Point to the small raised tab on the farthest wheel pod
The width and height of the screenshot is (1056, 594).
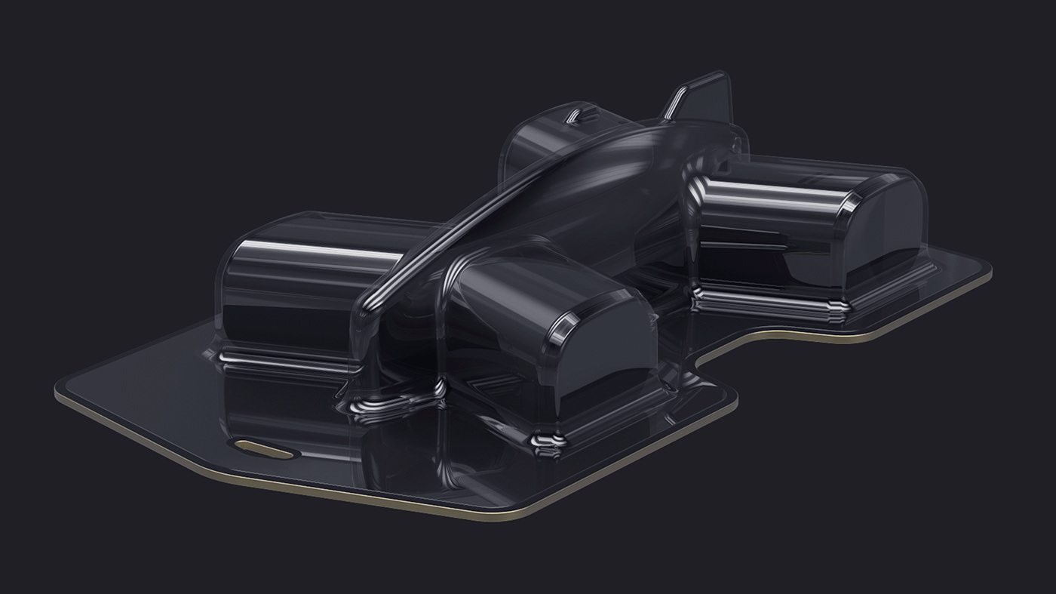pos(576,115)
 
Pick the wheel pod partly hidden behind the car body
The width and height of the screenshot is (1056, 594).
pos(536,143)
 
